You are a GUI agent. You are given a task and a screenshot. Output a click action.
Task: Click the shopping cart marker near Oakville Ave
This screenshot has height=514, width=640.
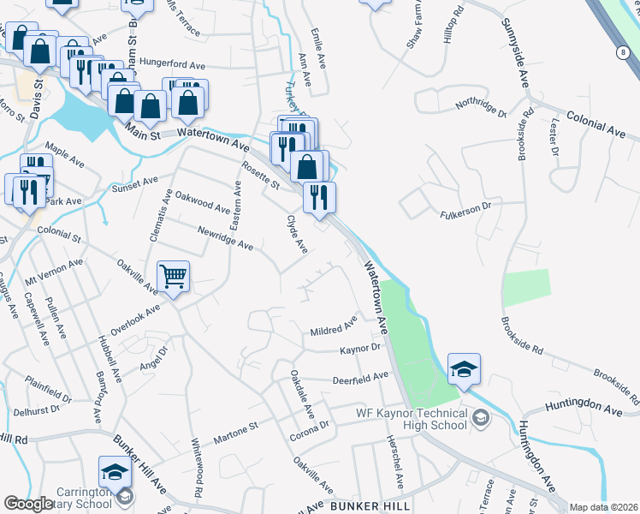(173, 277)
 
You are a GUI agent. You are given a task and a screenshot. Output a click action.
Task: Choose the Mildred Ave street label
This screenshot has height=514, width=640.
(334, 328)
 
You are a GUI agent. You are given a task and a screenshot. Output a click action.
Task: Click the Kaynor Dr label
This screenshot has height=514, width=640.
(359, 349)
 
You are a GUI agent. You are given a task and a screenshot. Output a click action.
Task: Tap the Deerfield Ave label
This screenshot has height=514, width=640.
(360, 376)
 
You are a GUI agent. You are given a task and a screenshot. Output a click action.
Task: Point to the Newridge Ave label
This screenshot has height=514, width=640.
(225, 239)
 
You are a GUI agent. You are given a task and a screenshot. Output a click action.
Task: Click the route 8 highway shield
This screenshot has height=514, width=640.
(619, 52)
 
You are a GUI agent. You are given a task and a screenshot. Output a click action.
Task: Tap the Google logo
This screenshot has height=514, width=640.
(28, 504)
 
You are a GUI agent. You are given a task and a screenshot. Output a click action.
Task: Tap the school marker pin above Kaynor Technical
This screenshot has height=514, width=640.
(464, 368)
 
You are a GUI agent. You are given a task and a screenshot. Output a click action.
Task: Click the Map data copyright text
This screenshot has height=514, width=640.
(604, 507)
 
